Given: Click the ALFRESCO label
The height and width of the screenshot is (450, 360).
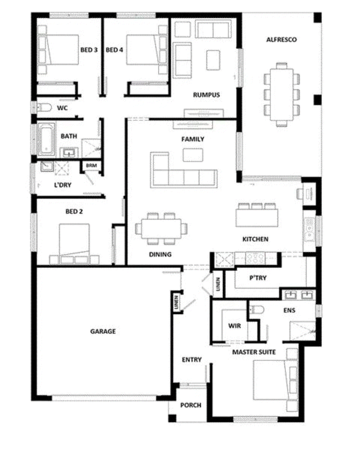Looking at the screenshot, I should [281, 40].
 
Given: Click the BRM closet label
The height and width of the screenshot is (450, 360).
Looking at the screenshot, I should [91, 165].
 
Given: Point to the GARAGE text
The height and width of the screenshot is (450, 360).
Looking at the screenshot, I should [103, 331].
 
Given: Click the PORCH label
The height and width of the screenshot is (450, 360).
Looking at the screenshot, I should [191, 405].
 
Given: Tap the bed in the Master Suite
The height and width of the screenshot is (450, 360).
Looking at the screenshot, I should [271, 380].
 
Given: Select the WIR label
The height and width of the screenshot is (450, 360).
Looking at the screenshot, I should [235, 326].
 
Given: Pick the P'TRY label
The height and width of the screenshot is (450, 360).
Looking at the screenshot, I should [258, 278].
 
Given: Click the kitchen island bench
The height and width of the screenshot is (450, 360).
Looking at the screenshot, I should [257, 218].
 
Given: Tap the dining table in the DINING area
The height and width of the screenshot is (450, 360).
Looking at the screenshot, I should [161, 228].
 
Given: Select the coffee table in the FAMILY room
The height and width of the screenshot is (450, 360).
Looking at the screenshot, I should [193, 155].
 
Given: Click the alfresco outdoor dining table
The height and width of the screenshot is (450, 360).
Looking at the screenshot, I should [282, 94].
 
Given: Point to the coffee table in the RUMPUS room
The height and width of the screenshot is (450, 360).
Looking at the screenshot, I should [213, 60].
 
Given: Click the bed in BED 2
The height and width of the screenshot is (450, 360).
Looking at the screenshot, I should [74, 240].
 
